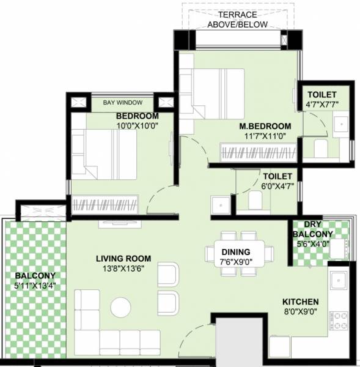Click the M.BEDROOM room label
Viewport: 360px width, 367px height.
(265, 127)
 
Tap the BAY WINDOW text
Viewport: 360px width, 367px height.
(123, 102)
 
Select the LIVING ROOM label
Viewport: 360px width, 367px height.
(123, 258)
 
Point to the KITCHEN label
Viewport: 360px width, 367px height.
(300, 302)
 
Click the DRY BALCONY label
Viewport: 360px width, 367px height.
(312, 229)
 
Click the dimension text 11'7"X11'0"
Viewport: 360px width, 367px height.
(265, 137)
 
